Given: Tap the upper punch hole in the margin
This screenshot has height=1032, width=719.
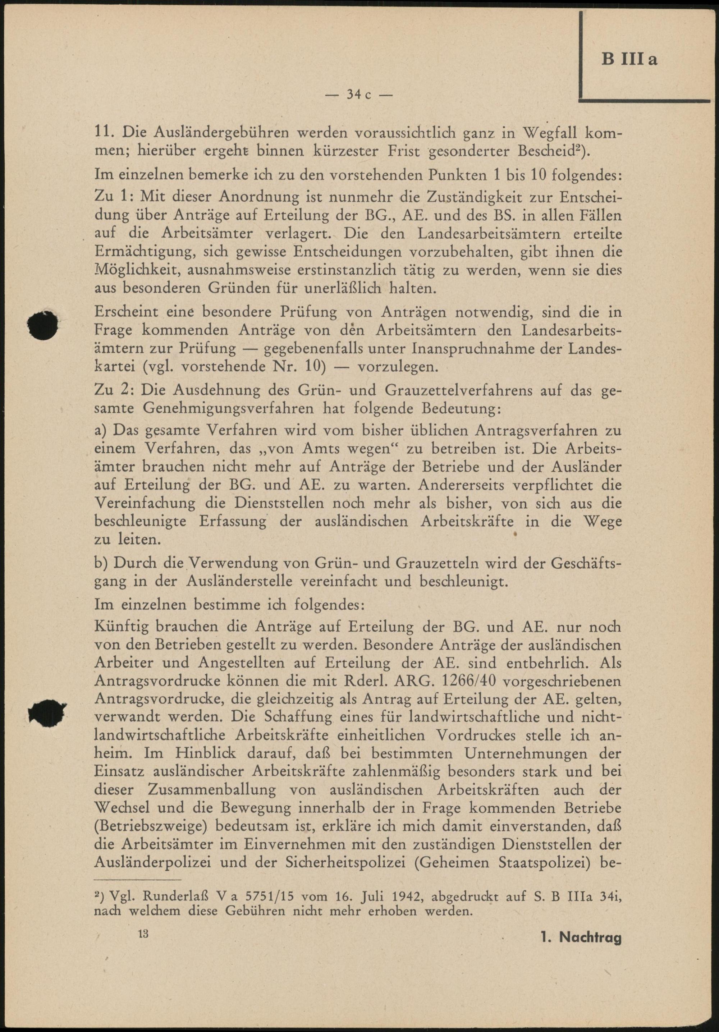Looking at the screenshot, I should point(42,323).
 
